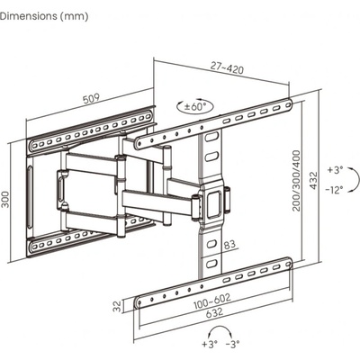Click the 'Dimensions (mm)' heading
click(x=44, y=16)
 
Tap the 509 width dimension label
click(x=91, y=99)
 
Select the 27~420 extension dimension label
click(x=227, y=67)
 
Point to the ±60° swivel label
click(x=195, y=107)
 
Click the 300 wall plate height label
click(x=5, y=199)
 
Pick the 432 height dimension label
click(x=313, y=180)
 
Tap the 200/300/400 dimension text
click(x=296, y=181)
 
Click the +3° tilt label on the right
click(x=335, y=170)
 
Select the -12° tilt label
click(x=335, y=190)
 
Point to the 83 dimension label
click(x=229, y=245)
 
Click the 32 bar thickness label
click(x=118, y=306)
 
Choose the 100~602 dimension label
click(x=212, y=301)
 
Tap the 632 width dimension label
click(x=214, y=312)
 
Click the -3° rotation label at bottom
click(x=232, y=344)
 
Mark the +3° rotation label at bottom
click(x=210, y=344)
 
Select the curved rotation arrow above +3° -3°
click(x=220, y=328)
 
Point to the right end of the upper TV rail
click(x=289, y=104)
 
